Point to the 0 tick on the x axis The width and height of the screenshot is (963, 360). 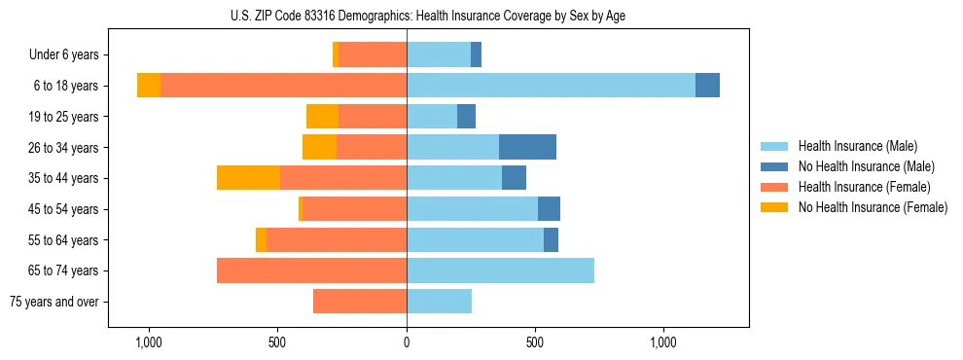click(x=407, y=342)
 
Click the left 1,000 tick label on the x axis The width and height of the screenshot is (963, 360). click(x=149, y=342)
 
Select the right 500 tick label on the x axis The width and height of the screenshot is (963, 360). click(x=535, y=342)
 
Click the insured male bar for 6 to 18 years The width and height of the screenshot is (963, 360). click(x=551, y=86)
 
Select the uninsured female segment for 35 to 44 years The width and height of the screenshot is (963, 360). click(x=248, y=178)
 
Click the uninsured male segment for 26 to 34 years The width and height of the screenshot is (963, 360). click(x=527, y=147)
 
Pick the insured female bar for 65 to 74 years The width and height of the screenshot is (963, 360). click(x=311, y=270)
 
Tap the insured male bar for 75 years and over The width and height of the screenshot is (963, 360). click(x=439, y=302)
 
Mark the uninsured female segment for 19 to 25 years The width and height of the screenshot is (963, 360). click(x=322, y=117)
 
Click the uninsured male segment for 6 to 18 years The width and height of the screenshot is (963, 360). click(x=707, y=86)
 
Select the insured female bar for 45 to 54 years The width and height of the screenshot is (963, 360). click(x=354, y=209)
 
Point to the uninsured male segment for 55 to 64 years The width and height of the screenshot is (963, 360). click(x=551, y=239)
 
